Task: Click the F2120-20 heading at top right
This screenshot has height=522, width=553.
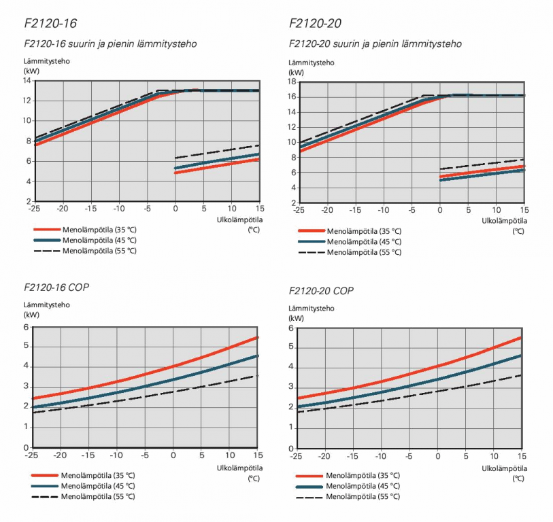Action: pyautogui.click(x=314, y=24)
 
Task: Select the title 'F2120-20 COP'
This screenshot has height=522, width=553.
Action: pyautogui.click(x=321, y=291)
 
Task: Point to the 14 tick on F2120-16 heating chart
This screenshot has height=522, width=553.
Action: pyautogui.click(x=27, y=81)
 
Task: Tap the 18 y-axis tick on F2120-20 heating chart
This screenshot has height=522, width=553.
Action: pyautogui.click(x=290, y=82)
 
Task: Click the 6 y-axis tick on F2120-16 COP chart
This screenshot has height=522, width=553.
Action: pyautogui.click(x=27, y=328)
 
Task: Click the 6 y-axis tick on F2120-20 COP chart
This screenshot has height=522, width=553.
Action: pyautogui.click(x=290, y=328)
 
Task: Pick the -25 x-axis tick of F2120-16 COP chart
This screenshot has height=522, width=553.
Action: pyautogui.click(x=31, y=455)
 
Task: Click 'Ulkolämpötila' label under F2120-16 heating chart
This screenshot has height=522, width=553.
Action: pyautogui.click(x=239, y=220)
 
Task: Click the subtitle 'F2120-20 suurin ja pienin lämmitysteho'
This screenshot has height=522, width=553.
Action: pyautogui.click(x=375, y=44)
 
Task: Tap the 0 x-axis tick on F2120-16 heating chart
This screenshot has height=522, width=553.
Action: pyautogui.click(x=175, y=208)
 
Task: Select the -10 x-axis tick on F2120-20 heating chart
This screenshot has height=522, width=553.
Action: pyautogui.click(x=382, y=209)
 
